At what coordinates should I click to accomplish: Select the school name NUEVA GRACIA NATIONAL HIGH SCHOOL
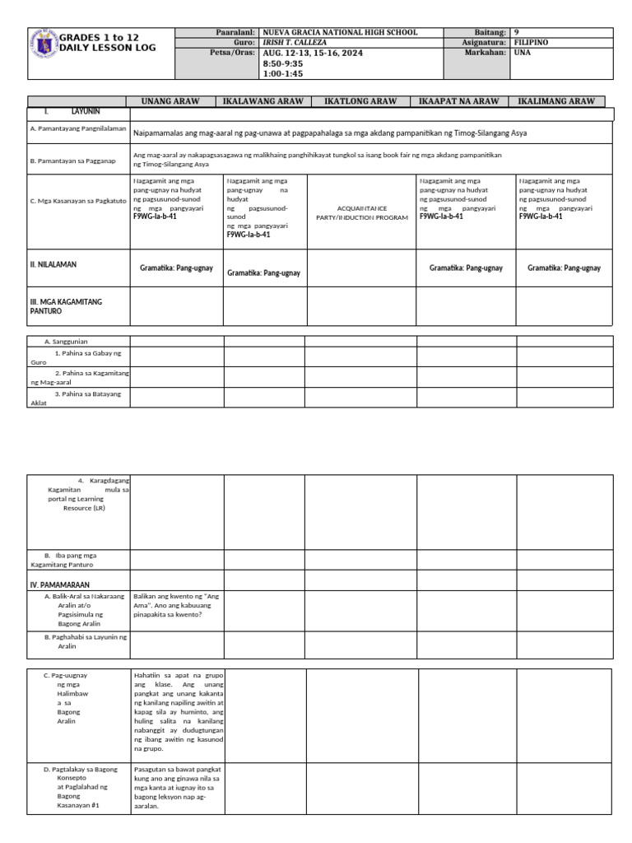tap(339, 32)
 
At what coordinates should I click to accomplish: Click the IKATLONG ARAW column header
tap(360, 101)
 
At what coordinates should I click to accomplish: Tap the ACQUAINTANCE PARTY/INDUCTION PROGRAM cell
tap(360, 212)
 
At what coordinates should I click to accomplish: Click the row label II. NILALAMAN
tap(53, 264)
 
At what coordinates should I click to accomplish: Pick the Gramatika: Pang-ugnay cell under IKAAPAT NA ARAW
tap(465, 268)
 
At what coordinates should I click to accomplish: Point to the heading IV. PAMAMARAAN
tap(59, 585)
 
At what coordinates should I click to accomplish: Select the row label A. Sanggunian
tap(66, 341)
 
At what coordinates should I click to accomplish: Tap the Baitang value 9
tap(517, 32)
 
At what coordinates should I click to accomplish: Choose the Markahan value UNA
tap(522, 52)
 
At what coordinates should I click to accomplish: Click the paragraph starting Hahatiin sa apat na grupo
tap(178, 711)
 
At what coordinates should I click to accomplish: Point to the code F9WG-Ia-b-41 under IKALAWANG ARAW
tap(249, 235)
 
